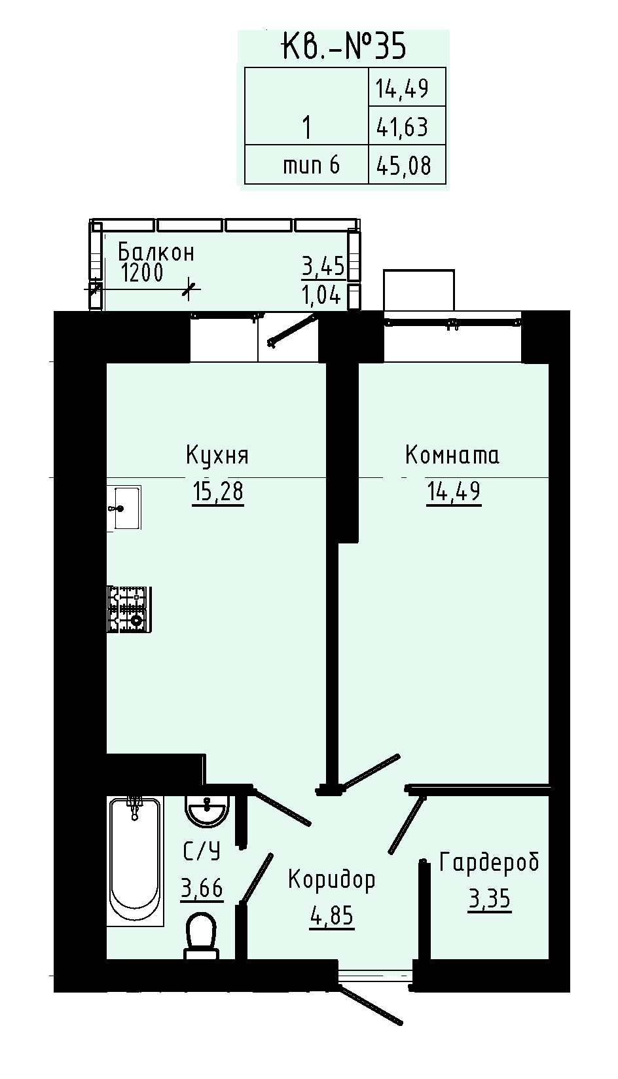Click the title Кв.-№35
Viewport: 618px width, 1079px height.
point(344,46)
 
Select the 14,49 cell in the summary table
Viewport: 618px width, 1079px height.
point(407,86)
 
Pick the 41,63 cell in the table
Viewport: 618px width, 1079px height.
point(407,125)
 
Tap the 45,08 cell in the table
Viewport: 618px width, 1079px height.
point(407,164)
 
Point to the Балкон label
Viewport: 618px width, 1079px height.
point(156,252)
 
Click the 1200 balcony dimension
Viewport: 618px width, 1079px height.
point(142,274)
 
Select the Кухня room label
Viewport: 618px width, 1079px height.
point(217,455)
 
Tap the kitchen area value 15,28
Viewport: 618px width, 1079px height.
point(218,492)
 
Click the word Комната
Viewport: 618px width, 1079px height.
point(452,455)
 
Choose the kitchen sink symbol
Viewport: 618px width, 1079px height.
point(124,507)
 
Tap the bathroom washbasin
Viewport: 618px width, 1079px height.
point(207,812)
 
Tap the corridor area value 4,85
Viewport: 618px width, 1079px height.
point(332,916)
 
